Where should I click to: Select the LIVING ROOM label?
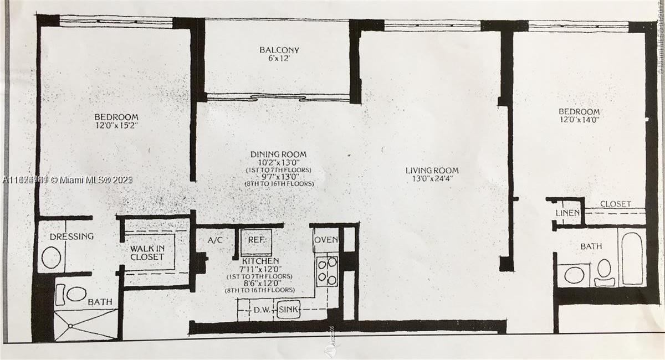click(x=432, y=170)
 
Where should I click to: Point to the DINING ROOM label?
click(x=278, y=154)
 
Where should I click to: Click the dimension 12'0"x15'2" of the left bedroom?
click(x=116, y=126)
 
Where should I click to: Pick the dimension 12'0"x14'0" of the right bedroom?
click(x=579, y=120)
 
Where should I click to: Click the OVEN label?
click(x=326, y=240)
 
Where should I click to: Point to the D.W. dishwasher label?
click(x=262, y=310)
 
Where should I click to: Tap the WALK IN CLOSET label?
click(x=147, y=253)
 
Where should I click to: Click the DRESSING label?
click(x=71, y=236)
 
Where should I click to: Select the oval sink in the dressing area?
click(x=51, y=258)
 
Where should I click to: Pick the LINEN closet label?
click(x=567, y=213)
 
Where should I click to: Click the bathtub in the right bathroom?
click(x=632, y=258)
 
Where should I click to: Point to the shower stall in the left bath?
click(x=86, y=325)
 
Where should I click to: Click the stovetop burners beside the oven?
click(x=327, y=271)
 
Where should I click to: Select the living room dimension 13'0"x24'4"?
click(x=432, y=179)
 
